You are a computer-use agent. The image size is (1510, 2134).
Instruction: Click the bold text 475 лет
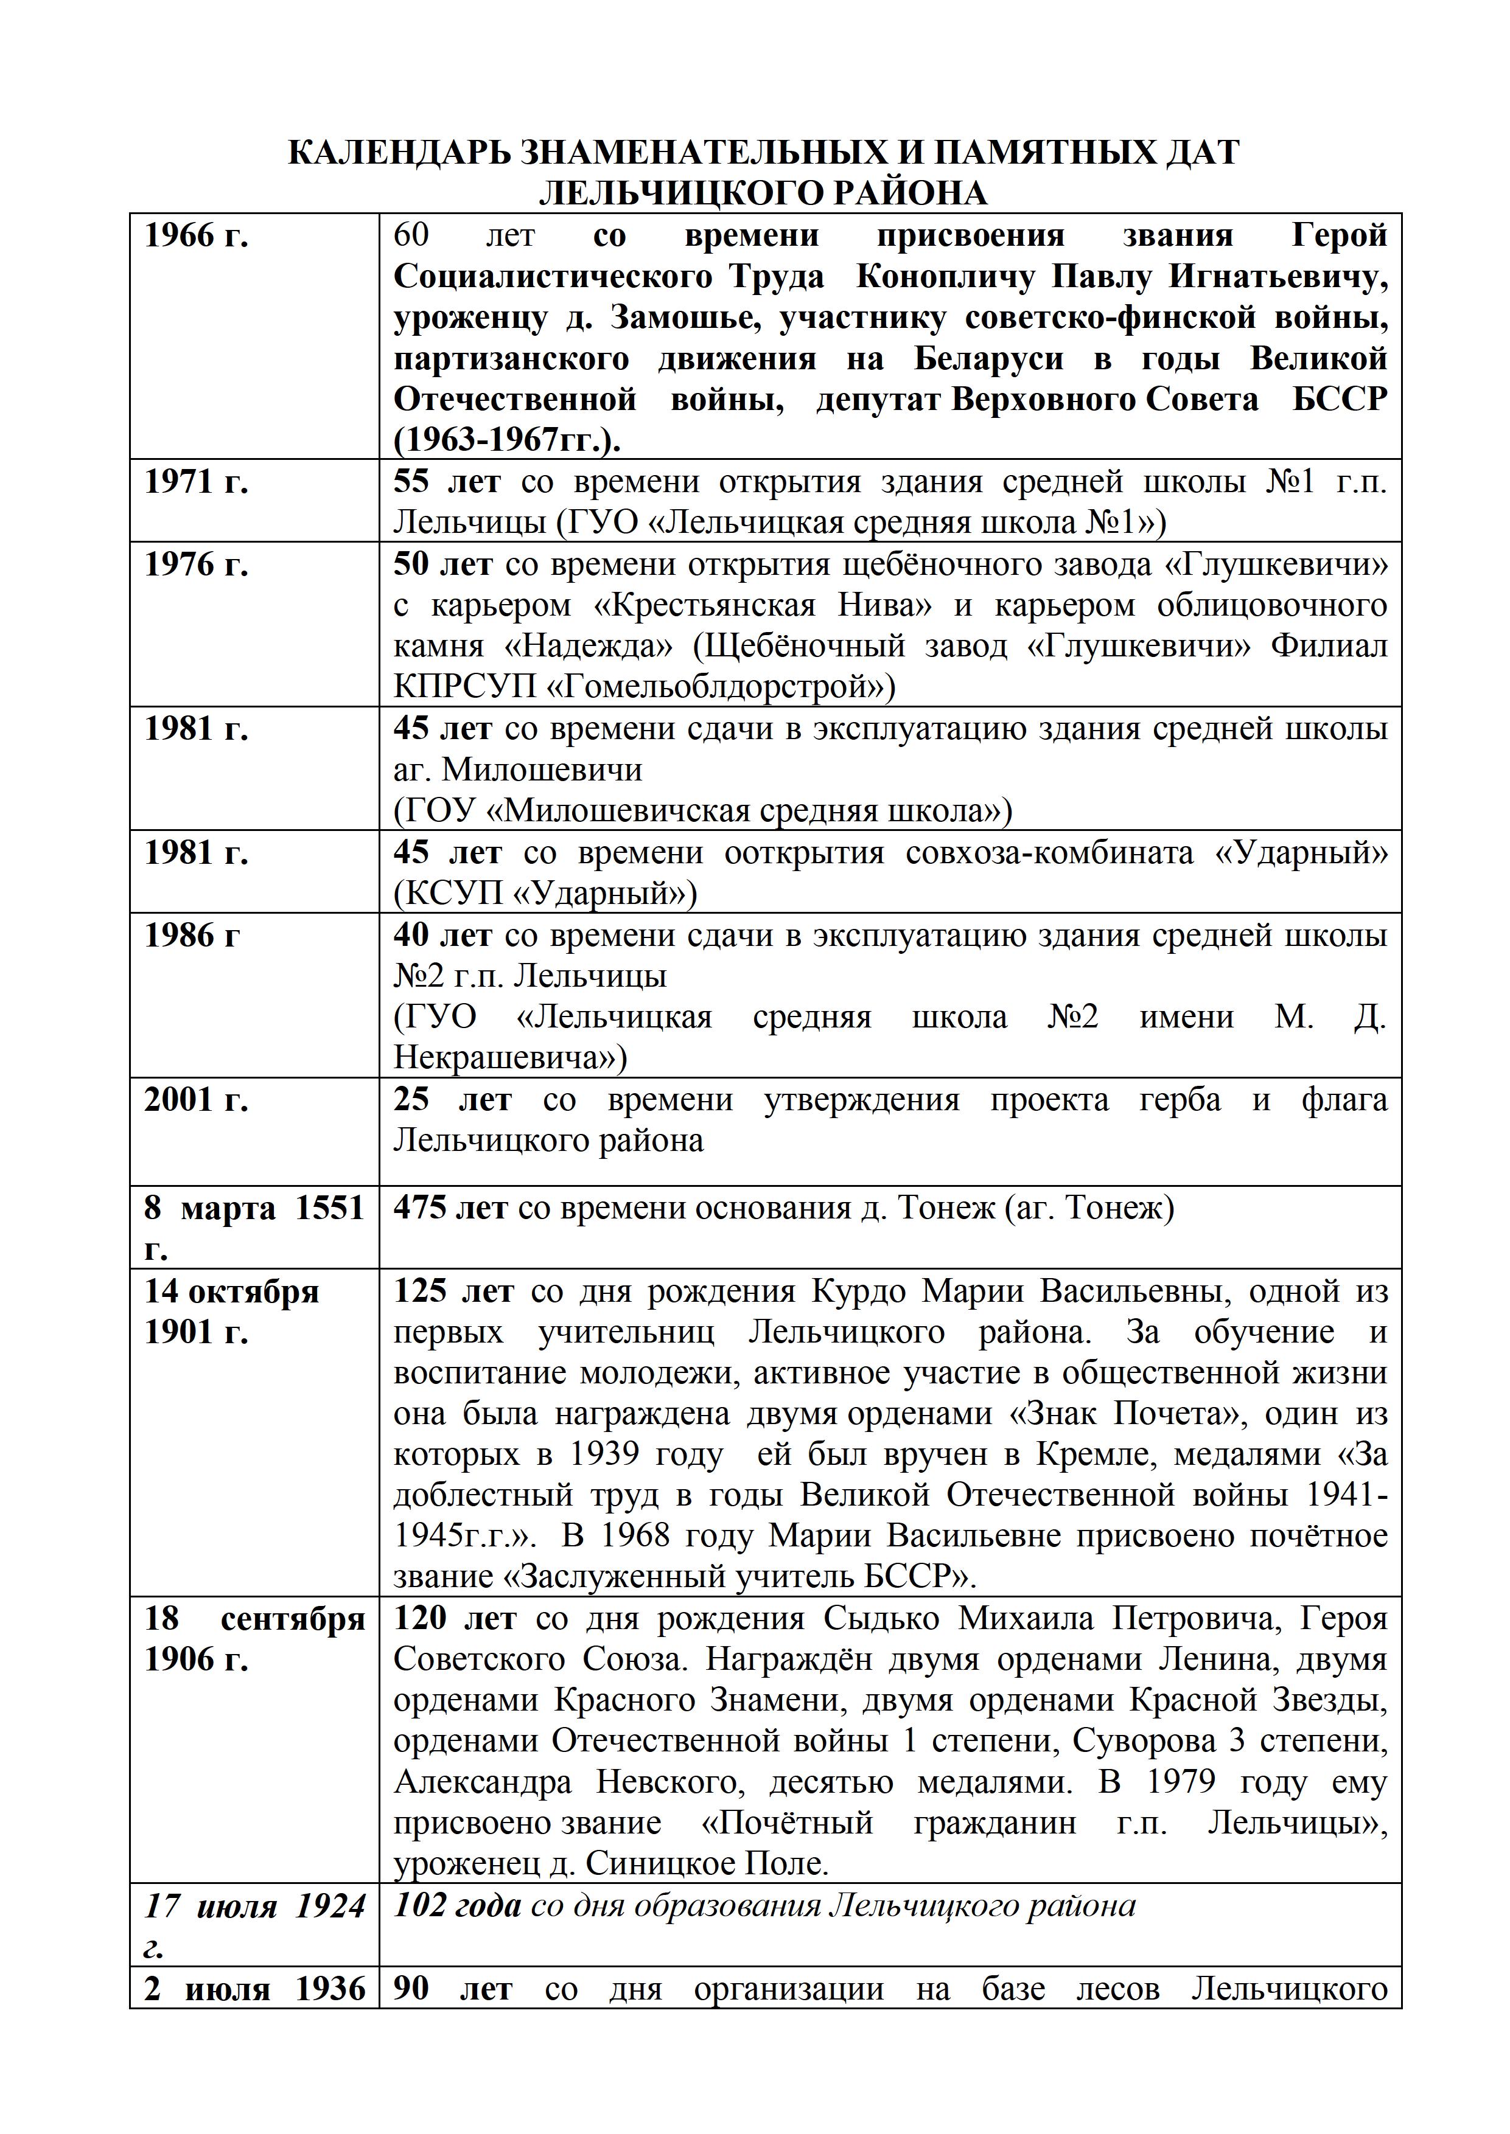click(x=450, y=1208)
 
